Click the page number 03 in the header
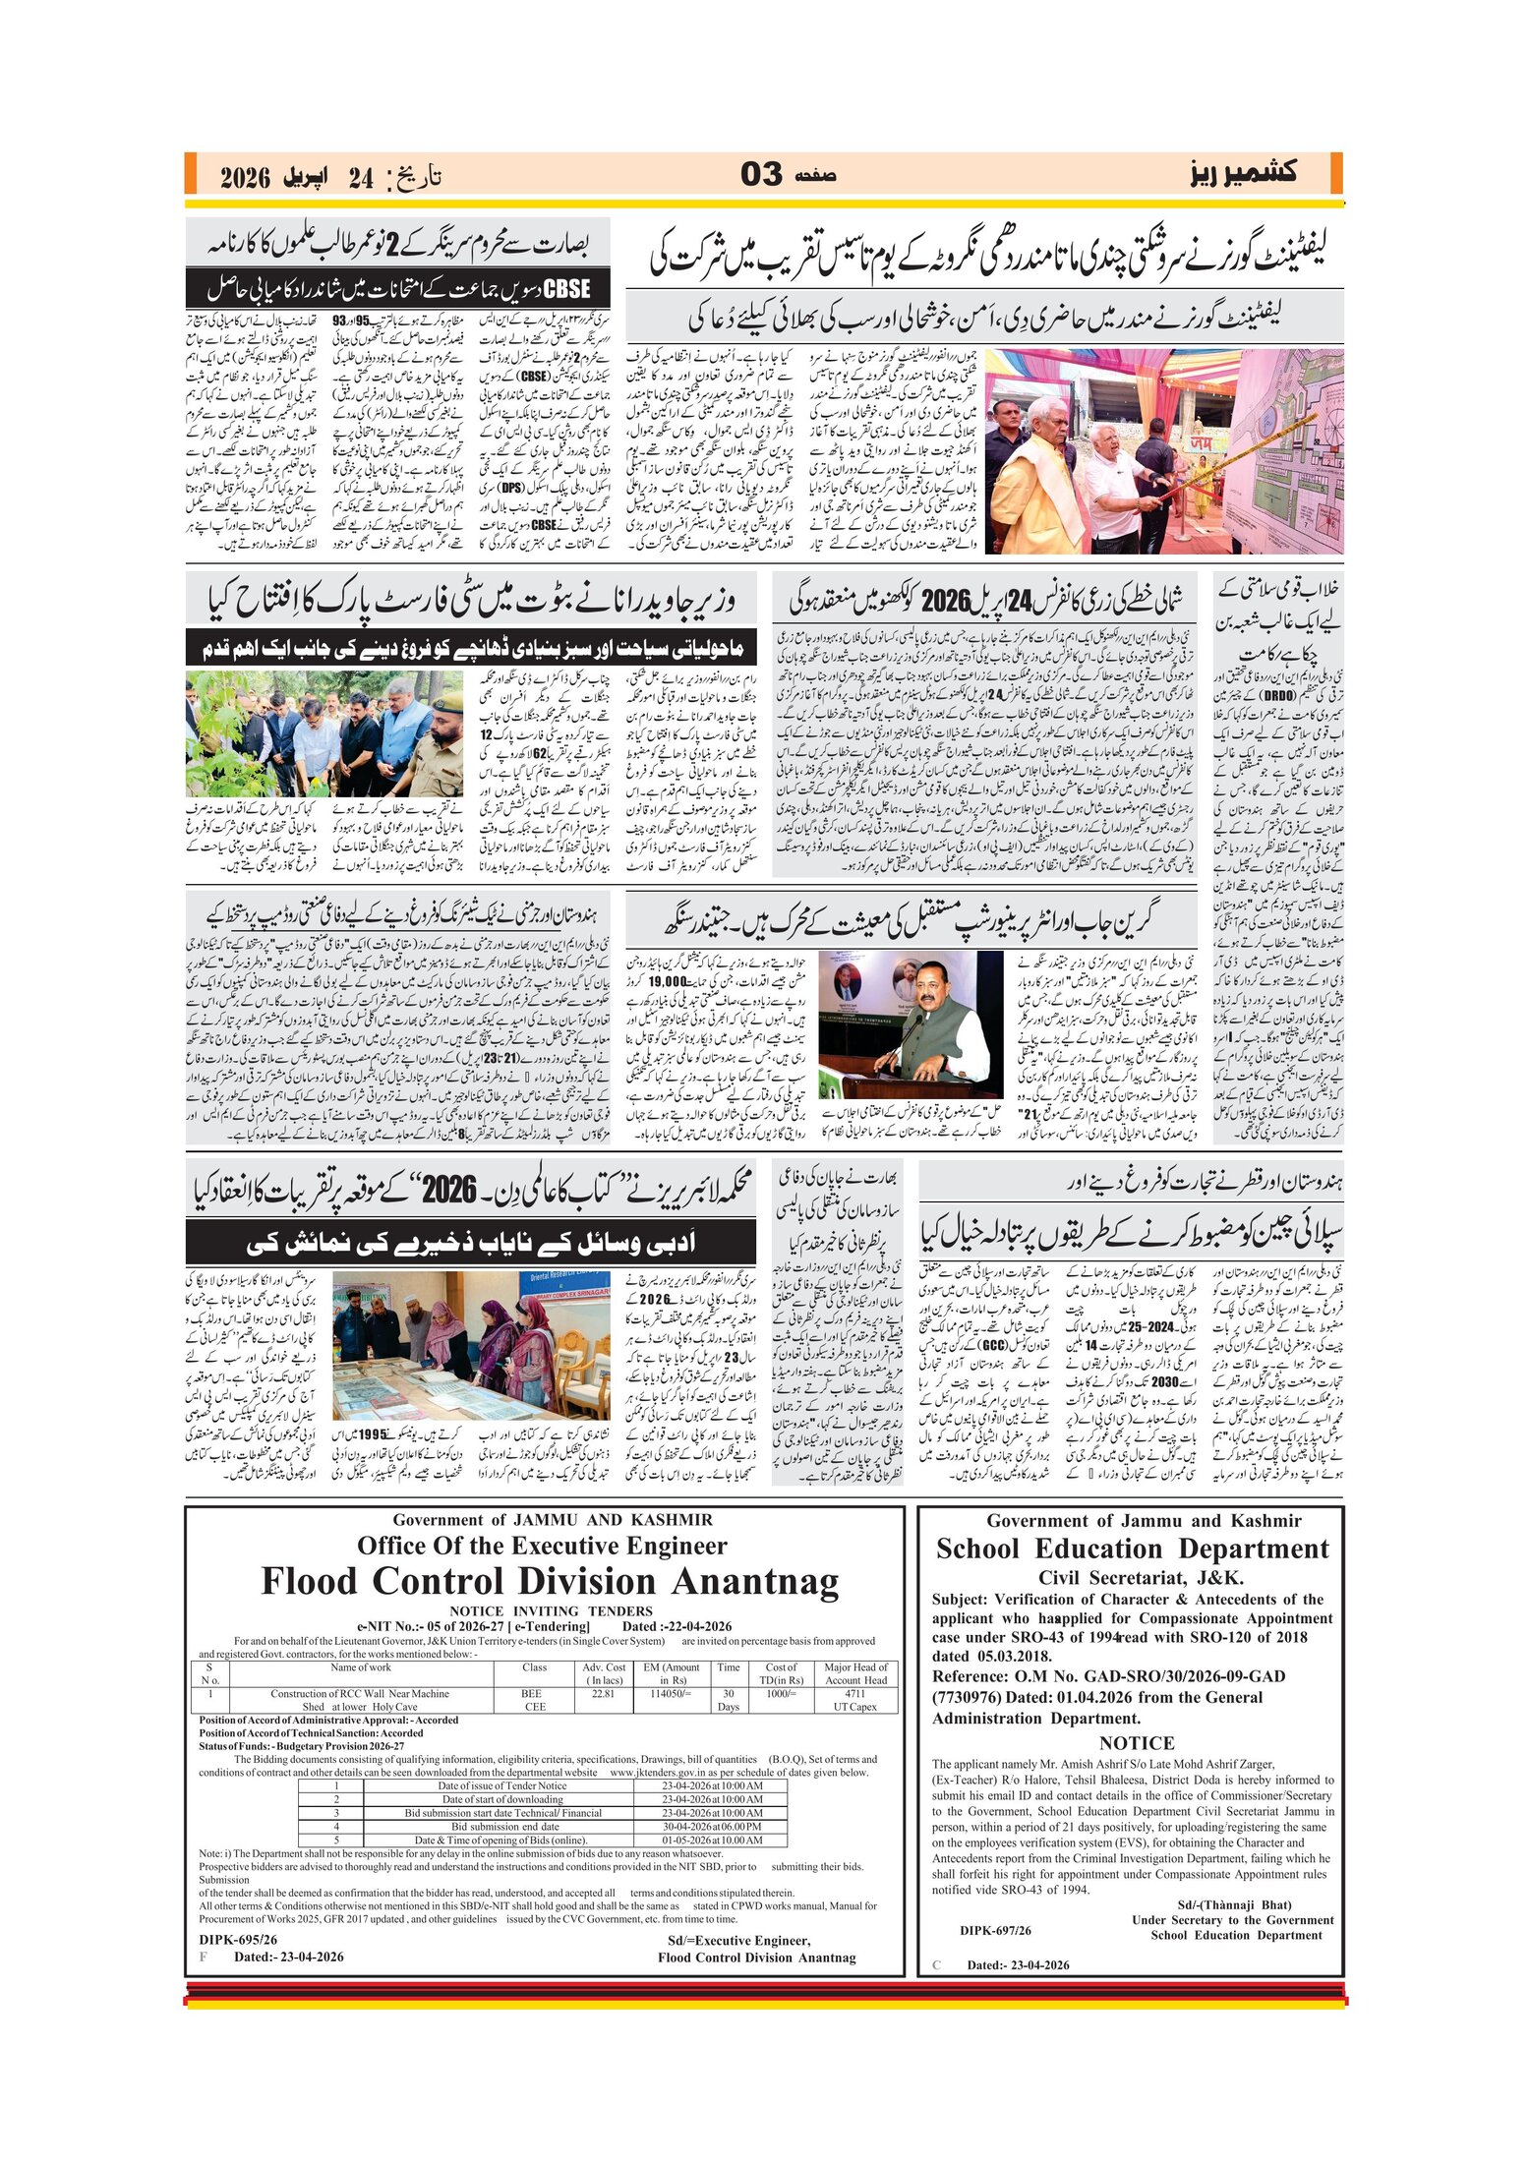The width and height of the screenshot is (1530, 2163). point(761,174)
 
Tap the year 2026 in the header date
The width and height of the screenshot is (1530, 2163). point(245,178)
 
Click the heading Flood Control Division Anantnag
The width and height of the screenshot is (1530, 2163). point(550,1582)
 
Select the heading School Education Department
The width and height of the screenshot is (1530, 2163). point(1132,1549)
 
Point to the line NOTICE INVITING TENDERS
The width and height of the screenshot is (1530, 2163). point(551,1610)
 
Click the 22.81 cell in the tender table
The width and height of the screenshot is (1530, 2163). point(604,1693)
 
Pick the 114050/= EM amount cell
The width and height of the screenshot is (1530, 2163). point(672,1693)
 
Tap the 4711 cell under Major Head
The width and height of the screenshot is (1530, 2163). point(854,1693)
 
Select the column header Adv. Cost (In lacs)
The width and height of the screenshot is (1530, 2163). point(604,1673)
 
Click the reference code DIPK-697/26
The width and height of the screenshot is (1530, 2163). point(996,1930)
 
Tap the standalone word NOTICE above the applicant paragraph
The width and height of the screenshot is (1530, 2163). point(1137,1742)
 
